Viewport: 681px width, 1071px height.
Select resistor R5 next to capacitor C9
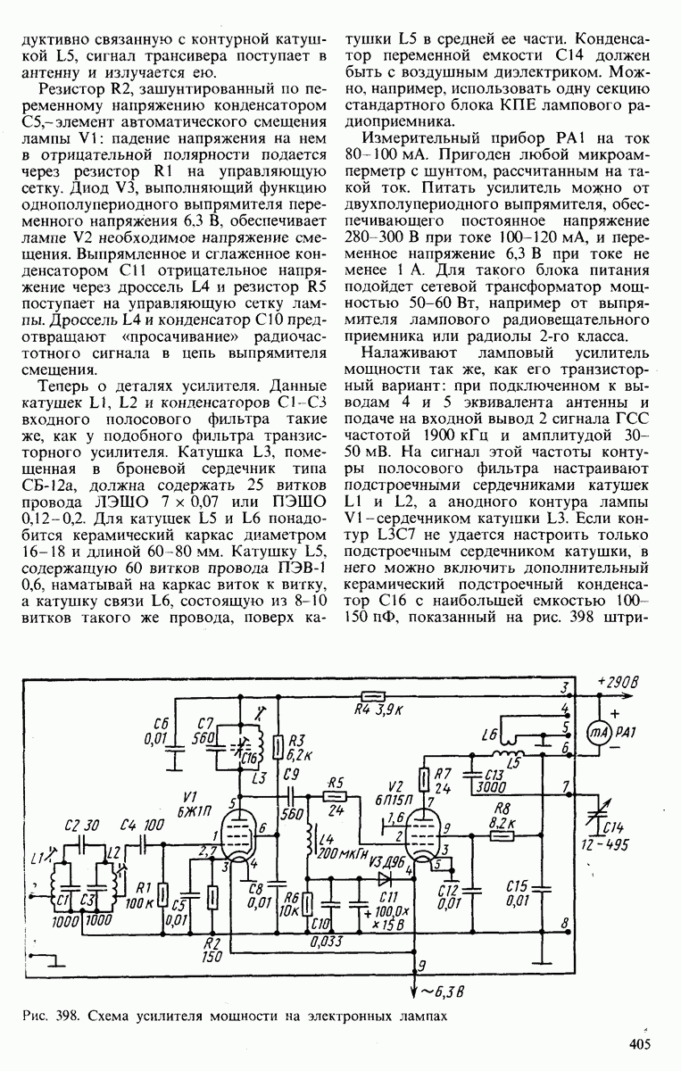[335, 794]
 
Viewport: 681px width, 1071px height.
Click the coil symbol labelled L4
[308, 844]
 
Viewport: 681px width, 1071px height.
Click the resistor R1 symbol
[163, 894]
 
